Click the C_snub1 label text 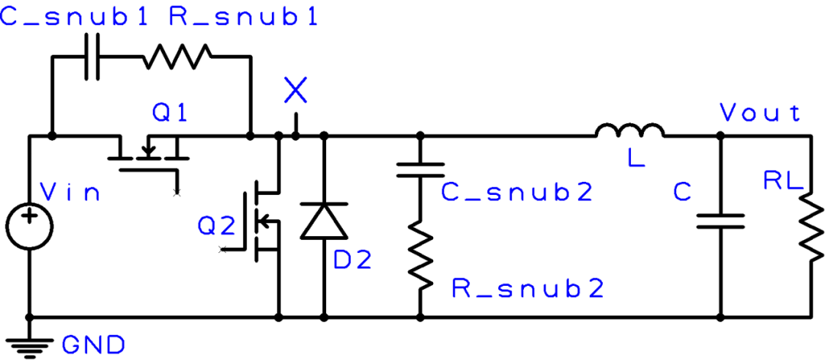[73, 17]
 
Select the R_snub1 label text [243, 17]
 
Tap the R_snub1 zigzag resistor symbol [177, 57]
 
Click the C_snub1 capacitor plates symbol [93, 57]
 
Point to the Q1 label [169, 112]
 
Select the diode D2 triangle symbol [324, 221]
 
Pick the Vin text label [70, 193]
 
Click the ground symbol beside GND [30, 347]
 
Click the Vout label [760, 112]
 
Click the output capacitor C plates [721, 221]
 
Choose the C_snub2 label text [517, 192]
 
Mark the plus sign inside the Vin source [29, 216]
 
